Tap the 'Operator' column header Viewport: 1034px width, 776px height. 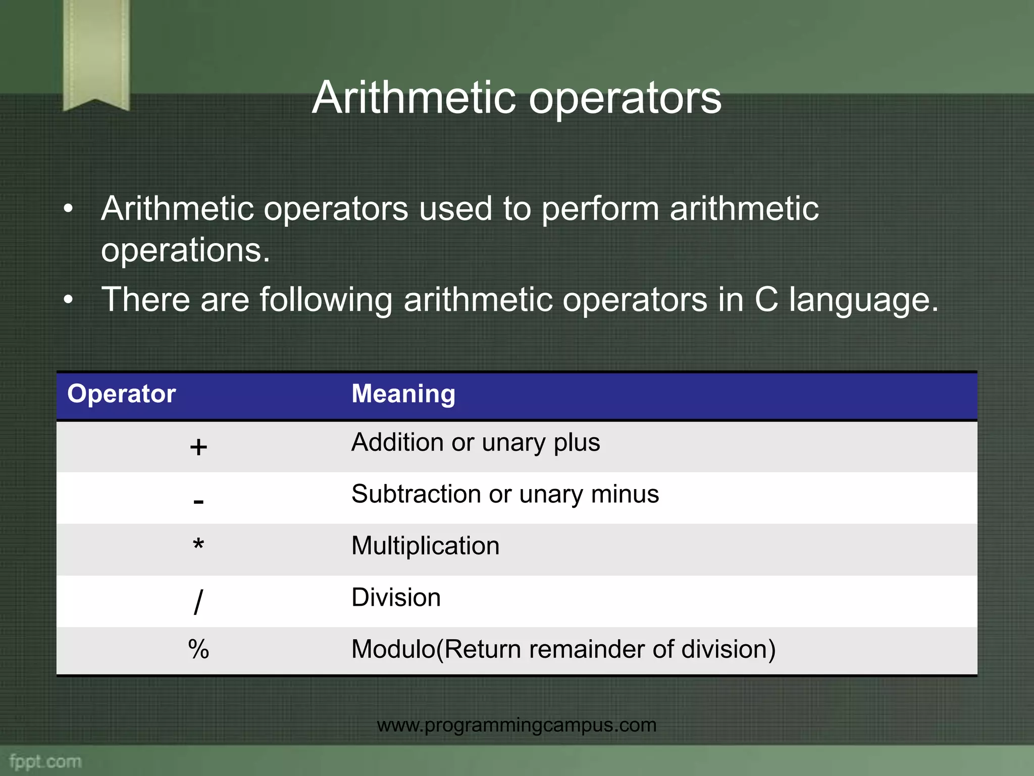click(x=121, y=394)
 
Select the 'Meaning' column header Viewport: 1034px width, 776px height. click(x=403, y=394)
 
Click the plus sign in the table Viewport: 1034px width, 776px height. click(x=198, y=447)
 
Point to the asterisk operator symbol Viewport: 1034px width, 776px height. click(x=198, y=546)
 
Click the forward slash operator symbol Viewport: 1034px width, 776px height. click(x=198, y=601)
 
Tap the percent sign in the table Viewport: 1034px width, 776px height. click(x=198, y=649)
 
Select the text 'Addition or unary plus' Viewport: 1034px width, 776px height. click(x=476, y=443)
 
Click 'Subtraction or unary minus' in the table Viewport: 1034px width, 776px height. click(x=505, y=494)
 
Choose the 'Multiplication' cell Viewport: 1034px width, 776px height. click(x=425, y=546)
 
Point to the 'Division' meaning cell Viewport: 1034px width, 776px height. click(x=396, y=598)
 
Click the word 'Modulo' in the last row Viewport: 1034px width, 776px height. click(x=393, y=649)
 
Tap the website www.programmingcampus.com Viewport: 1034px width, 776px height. click(x=516, y=725)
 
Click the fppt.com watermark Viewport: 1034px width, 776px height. click(x=45, y=761)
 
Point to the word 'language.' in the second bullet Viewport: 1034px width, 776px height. click(x=863, y=300)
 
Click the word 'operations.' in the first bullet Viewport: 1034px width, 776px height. click(x=185, y=250)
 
